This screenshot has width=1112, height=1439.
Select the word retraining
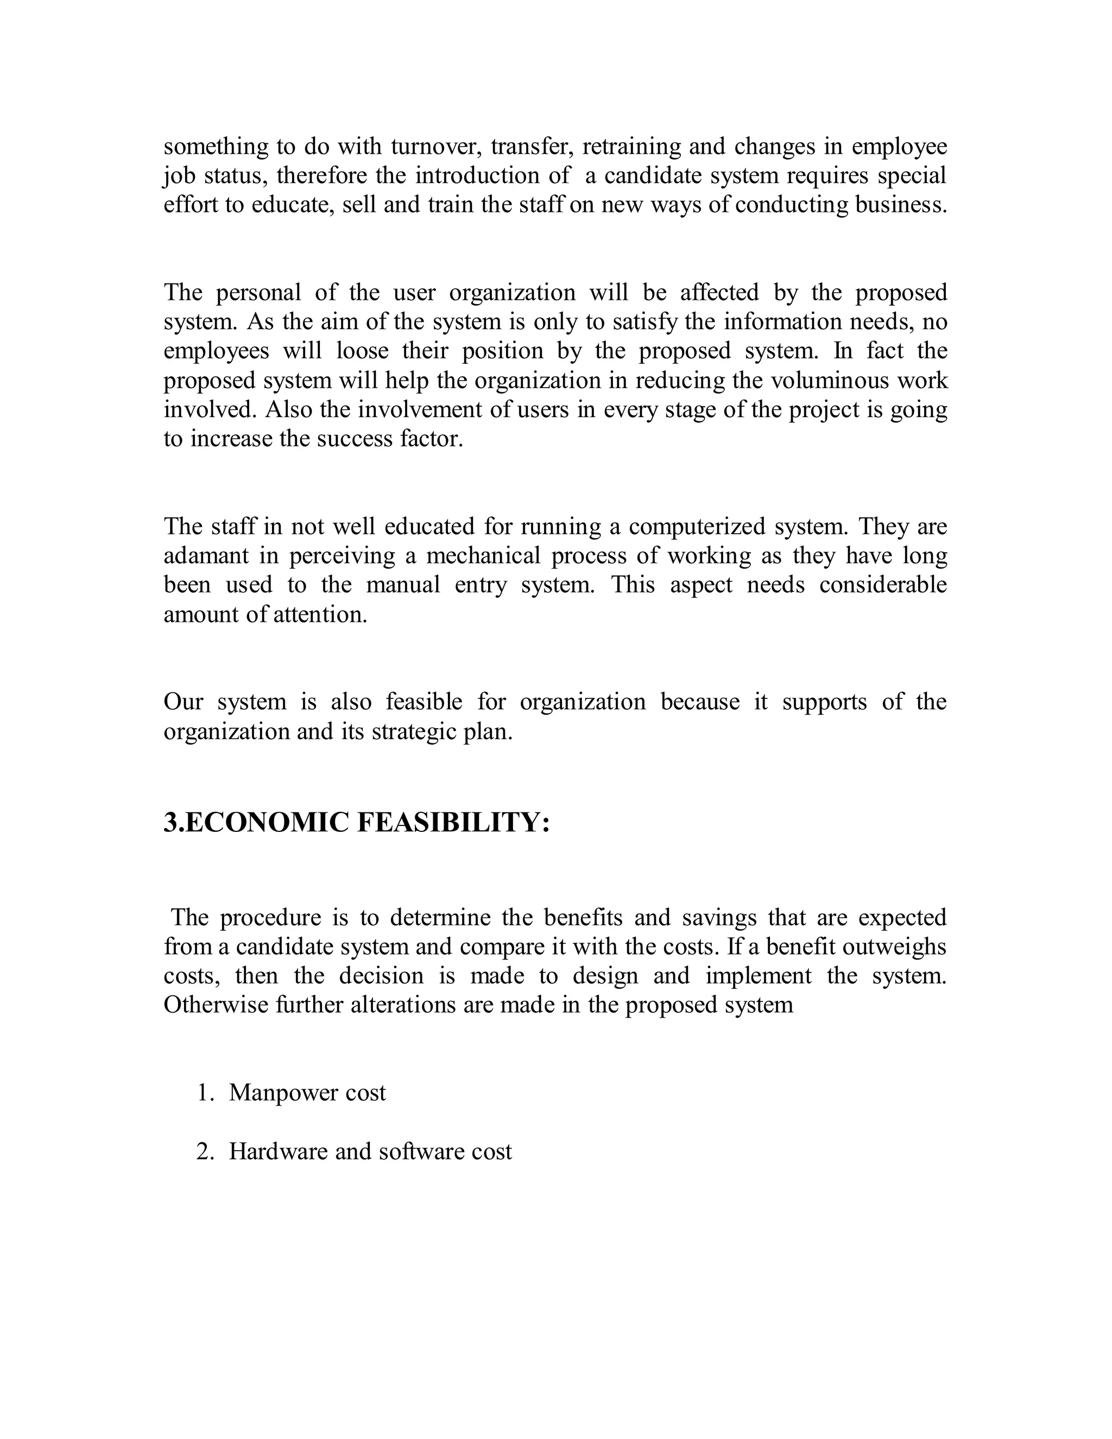(x=631, y=146)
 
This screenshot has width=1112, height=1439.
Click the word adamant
(x=205, y=556)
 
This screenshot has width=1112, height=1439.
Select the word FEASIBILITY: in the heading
(x=453, y=823)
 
